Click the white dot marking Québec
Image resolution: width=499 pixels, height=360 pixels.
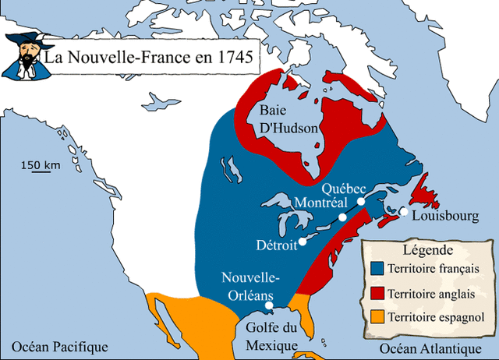click(362, 201)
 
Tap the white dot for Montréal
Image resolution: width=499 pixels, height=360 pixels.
click(342, 217)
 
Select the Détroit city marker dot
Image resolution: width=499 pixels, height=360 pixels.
click(303, 242)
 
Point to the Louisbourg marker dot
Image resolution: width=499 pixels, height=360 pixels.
click(404, 211)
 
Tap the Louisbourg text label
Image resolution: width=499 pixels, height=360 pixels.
click(444, 216)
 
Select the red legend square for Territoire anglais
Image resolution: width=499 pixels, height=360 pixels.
click(377, 293)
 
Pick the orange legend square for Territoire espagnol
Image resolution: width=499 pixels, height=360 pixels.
click(377, 317)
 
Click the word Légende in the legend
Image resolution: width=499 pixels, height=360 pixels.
click(426, 251)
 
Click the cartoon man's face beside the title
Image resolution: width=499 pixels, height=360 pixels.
click(24, 58)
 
